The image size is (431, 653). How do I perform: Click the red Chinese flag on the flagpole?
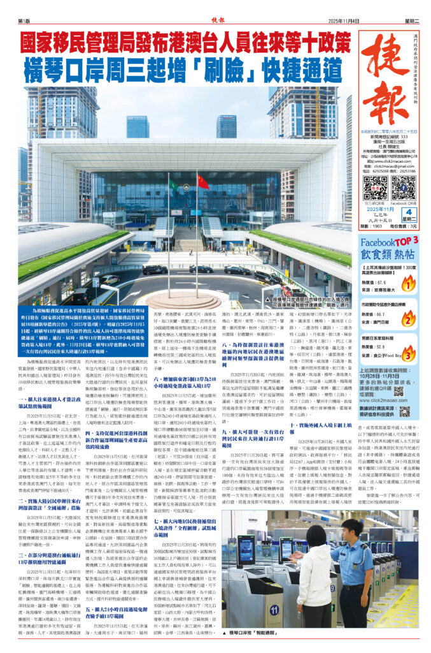point(202,182)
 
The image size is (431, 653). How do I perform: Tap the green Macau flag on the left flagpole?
point(173,186)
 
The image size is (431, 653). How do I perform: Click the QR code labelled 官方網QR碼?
point(375,187)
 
